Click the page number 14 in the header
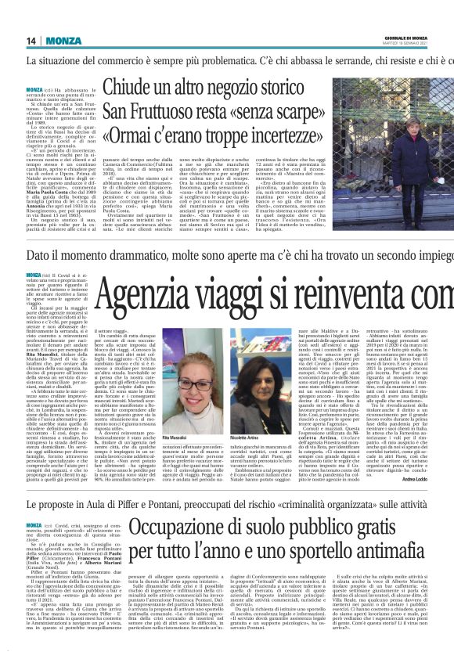point(31,41)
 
